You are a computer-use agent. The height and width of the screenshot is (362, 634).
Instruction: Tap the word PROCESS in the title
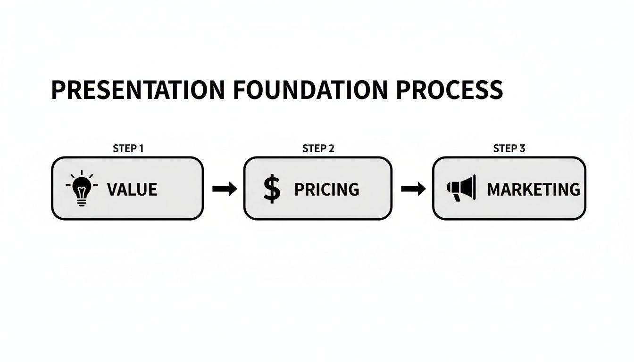(449, 90)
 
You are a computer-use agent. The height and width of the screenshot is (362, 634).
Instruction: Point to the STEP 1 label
(128, 148)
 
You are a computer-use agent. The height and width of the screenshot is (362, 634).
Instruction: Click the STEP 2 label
(318, 148)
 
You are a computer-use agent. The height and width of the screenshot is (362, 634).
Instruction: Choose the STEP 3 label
(509, 148)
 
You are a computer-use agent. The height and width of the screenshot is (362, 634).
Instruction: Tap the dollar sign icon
(272, 189)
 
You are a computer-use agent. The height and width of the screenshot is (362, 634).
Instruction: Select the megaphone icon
(461, 188)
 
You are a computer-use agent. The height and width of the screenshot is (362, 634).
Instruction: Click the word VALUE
(132, 189)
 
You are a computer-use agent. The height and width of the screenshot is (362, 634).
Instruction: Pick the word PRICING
(326, 189)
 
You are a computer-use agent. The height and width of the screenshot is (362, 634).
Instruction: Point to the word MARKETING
(534, 189)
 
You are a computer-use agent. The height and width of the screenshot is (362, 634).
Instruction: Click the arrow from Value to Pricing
(225, 189)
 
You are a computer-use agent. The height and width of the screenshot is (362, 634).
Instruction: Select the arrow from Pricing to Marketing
(413, 189)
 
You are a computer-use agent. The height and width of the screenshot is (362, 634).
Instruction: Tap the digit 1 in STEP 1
(141, 148)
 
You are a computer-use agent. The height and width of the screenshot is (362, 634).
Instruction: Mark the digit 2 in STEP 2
(332, 148)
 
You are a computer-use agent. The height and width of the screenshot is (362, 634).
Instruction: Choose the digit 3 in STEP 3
(522, 148)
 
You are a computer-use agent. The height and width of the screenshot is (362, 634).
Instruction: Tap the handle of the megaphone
(457, 197)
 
